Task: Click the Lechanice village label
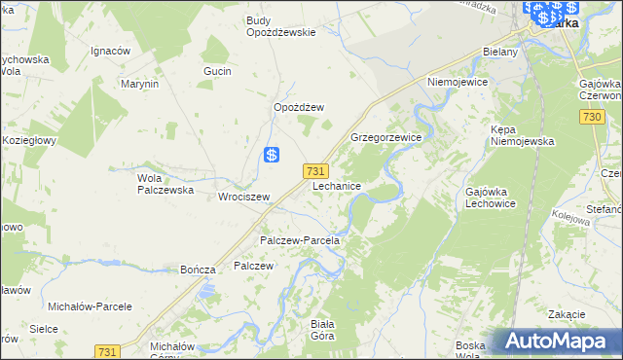[x=338, y=186]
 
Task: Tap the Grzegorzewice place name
[x=385, y=138]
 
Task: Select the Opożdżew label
[x=298, y=107]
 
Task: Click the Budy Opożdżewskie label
[x=280, y=26]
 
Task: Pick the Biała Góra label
[x=321, y=330]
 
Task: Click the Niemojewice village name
[x=457, y=83]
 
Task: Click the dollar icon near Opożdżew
[x=274, y=155]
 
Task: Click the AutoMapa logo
[x=558, y=341]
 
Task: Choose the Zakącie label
[x=566, y=314]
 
